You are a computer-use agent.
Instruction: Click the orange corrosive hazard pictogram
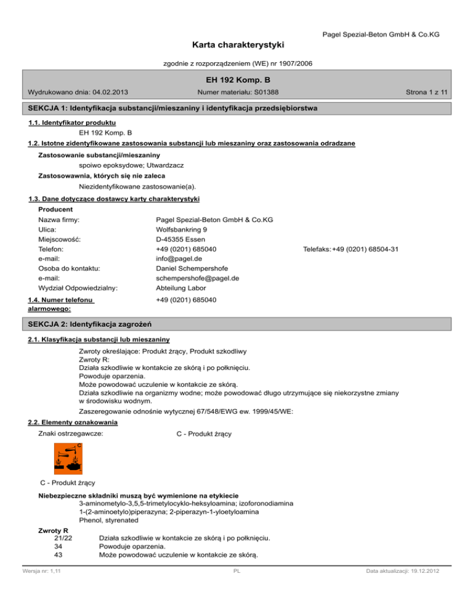pos(68,458)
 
